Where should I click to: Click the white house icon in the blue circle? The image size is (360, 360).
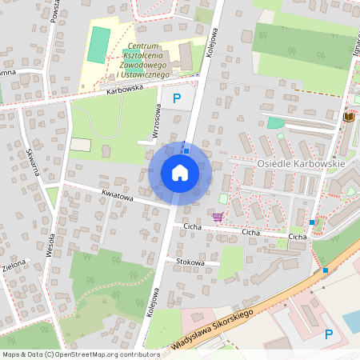click(180, 173)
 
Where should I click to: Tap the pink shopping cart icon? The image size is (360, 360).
click(218, 216)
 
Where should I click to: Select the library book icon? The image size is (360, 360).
click(348, 118)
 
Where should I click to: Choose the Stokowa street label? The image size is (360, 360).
click(189, 262)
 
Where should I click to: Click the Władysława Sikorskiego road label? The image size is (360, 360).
click(212, 329)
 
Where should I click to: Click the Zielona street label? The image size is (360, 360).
click(14, 266)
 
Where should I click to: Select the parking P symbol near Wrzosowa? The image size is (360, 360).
click(177, 98)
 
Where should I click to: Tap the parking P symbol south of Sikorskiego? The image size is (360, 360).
click(328, 335)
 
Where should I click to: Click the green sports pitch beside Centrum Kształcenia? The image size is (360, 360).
click(98, 46)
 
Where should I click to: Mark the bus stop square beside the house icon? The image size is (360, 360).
click(186, 150)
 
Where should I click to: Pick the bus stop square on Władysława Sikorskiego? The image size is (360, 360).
click(326, 270)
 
